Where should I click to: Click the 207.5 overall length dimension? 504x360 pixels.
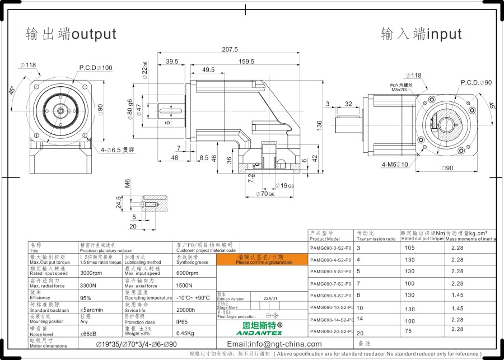(x=230, y=49)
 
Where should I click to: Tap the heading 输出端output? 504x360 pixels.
(x=71, y=34)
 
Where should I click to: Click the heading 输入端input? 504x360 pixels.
(x=421, y=34)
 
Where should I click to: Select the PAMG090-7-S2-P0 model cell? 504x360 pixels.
(x=330, y=284)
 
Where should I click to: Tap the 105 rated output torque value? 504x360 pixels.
(x=409, y=247)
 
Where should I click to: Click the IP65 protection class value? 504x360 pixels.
(x=183, y=322)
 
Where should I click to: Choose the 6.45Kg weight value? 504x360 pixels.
(x=185, y=334)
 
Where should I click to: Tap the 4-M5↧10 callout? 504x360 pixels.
(x=395, y=165)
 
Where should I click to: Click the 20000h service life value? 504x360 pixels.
(x=185, y=310)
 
